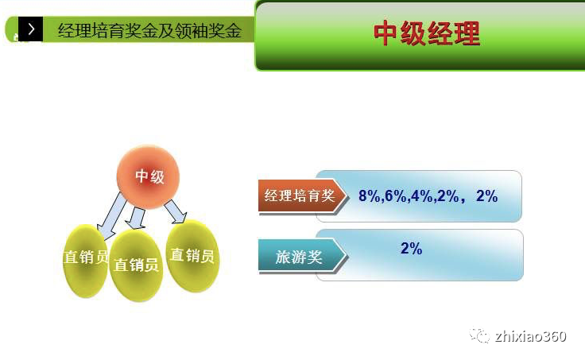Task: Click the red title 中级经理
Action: point(427,34)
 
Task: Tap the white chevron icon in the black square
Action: point(30,30)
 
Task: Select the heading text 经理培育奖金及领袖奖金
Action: point(149,31)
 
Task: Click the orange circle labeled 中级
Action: point(149,176)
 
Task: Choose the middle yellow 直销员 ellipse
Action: point(136,265)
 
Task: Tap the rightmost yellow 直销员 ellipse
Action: point(192,255)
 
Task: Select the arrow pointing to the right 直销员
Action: point(176,211)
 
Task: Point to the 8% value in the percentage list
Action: point(370,195)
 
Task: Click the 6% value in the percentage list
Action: point(395,195)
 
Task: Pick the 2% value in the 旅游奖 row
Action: point(411,249)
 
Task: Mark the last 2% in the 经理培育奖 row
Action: point(486,195)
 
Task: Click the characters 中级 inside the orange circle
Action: point(149,176)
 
